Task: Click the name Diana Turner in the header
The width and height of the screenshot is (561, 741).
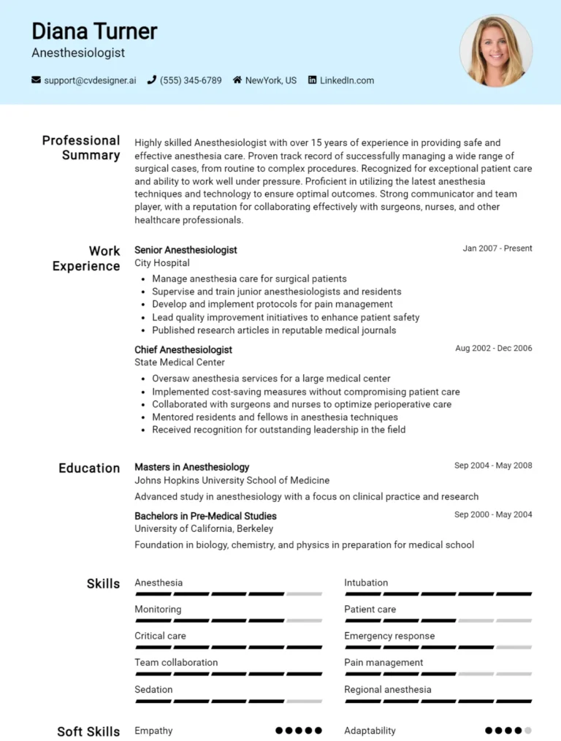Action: (x=94, y=31)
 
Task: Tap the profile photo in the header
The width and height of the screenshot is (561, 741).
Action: (x=496, y=50)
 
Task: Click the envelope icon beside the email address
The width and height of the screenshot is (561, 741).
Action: (x=36, y=80)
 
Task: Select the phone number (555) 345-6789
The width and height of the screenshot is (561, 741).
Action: (x=190, y=80)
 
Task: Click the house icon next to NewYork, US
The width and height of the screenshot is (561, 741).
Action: (x=237, y=80)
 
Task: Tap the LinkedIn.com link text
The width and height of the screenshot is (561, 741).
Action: (x=346, y=80)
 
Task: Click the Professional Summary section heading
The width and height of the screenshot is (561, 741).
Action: (x=81, y=148)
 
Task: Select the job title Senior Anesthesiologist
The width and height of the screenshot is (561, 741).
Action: (x=186, y=250)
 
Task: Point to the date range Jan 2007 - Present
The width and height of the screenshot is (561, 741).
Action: (x=497, y=248)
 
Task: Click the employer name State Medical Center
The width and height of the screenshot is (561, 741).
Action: (x=180, y=362)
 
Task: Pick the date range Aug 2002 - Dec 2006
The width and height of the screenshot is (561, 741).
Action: (x=493, y=349)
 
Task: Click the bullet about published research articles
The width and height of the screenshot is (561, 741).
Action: (x=274, y=330)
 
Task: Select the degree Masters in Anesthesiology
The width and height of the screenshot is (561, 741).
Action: (x=191, y=467)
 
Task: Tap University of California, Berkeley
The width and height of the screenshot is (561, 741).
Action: (x=204, y=528)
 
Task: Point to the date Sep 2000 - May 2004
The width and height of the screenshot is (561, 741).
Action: (x=493, y=514)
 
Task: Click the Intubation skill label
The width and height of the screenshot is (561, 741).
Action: (x=366, y=583)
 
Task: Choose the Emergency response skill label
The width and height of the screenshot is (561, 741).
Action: (x=389, y=636)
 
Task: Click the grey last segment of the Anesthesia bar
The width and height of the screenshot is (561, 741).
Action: (x=304, y=594)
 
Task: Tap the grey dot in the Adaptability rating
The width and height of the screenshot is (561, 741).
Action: (x=527, y=730)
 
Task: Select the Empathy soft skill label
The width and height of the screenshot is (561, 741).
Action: (x=153, y=731)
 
